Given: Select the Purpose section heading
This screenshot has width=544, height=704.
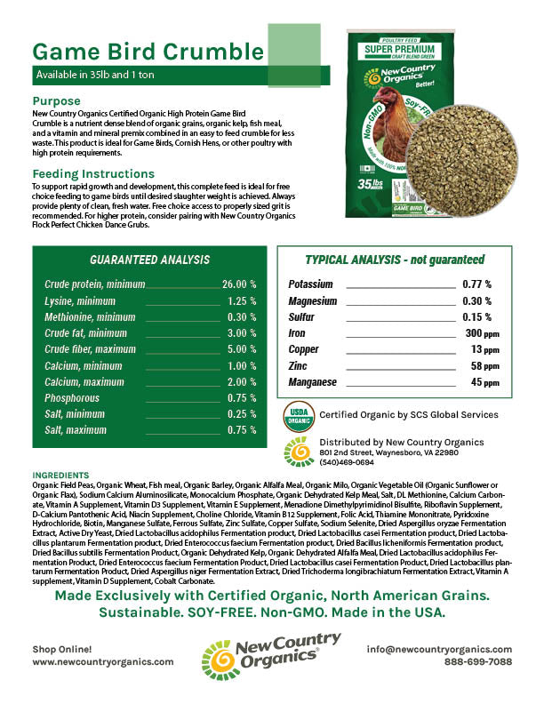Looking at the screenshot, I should (x=56, y=101).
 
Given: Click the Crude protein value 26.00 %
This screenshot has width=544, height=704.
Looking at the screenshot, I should (x=239, y=284).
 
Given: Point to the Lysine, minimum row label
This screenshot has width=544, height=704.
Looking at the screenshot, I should (x=80, y=301).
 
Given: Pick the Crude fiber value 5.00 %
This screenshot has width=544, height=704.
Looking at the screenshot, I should (x=242, y=349).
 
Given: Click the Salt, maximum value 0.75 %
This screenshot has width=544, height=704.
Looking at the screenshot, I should (x=242, y=429).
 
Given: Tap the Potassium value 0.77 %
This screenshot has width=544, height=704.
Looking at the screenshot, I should (x=476, y=284).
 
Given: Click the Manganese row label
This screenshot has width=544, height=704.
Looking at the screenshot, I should (x=313, y=382).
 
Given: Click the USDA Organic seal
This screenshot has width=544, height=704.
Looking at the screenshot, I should (x=299, y=415).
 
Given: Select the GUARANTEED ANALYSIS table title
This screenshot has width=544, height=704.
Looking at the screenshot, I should (x=150, y=260).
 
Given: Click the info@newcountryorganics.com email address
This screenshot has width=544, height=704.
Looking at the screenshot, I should (x=439, y=649).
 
